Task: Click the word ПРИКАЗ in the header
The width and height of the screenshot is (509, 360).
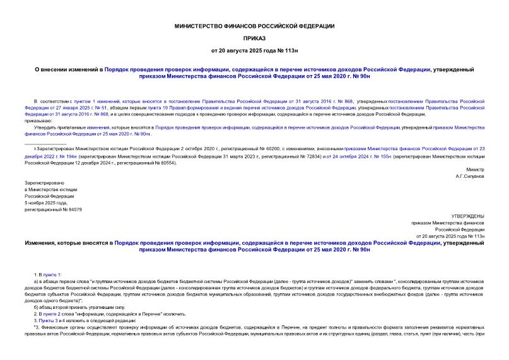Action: click(254, 37)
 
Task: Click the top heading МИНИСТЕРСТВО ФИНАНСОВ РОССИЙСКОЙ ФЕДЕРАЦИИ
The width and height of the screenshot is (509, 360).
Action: click(254, 26)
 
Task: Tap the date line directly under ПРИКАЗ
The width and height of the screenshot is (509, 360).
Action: click(254, 49)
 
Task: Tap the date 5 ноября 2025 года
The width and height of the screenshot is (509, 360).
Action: click(45, 202)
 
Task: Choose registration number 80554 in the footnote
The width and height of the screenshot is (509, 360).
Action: click(165, 162)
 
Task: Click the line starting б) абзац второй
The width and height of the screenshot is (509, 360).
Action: click(73, 289)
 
